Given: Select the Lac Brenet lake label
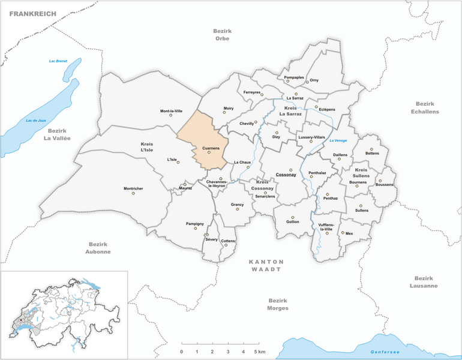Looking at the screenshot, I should pyautogui.click(x=58, y=61).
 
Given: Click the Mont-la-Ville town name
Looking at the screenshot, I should pyautogui.click(x=171, y=111).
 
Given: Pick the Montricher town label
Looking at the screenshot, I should pyautogui.click(x=133, y=189).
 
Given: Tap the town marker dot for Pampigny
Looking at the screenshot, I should pyautogui.click(x=195, y=229).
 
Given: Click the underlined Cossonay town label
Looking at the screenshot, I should pyautogui.click(x=286, y=175).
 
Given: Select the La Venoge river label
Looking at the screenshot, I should pyautogui.click(x=338, y=140).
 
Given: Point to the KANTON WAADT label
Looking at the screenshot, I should pyautogui.click(x=268, y=266).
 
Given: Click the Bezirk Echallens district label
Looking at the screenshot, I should pyautogui.click(x=425, y=107).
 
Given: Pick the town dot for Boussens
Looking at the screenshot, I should pyautogui.click(x=380, y=181).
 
